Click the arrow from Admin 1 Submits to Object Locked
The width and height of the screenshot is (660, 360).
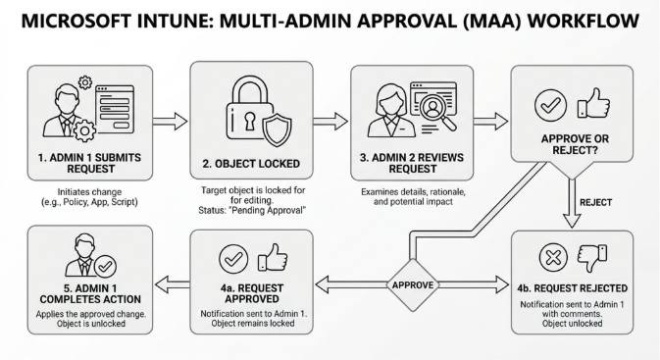[x=171, y=122]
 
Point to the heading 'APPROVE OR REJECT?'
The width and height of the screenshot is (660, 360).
[x=573, y=145]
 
